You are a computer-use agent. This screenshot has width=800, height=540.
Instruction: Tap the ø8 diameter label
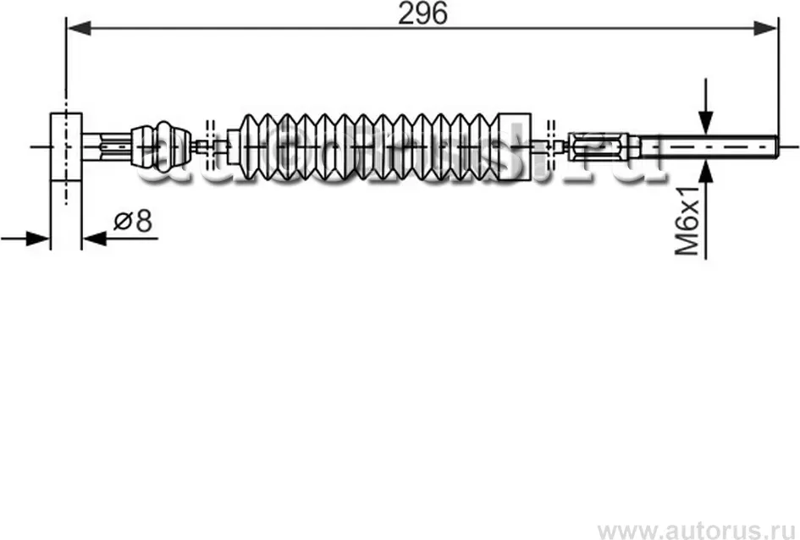point(133,222)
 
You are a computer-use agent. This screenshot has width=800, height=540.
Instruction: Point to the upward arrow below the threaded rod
point(704,173)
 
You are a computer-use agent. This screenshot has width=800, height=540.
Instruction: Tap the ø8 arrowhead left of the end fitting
point(39,238)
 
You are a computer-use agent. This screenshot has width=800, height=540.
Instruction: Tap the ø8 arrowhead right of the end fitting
point(91,238)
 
